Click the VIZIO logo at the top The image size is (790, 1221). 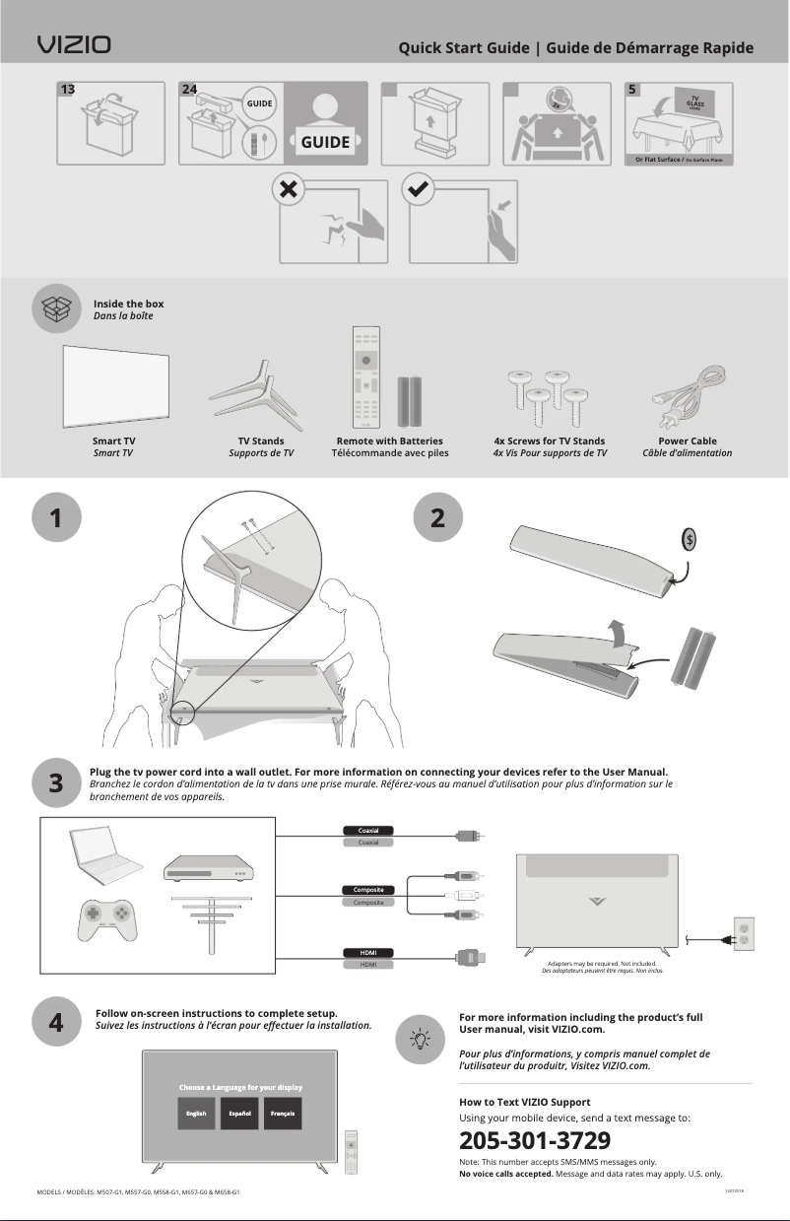point(74,45)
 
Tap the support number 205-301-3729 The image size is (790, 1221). point(535,1141)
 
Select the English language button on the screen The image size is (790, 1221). point(197,1114)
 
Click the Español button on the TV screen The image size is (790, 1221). point(240,1114)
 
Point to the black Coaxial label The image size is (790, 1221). point(367,830)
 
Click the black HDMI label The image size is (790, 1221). point(367,952)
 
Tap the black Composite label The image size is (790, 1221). point(367,890)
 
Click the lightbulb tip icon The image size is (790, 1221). point(421,1038)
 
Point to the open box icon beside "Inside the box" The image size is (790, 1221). point(56,308)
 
